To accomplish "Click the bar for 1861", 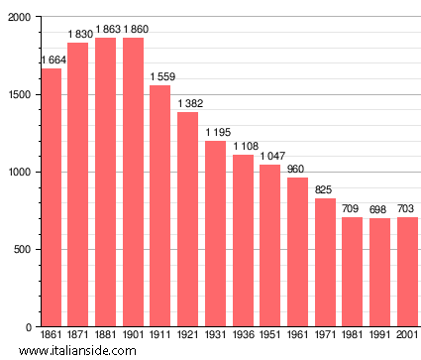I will point(51,197).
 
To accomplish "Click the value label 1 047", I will point(271,157).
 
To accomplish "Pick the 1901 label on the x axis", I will point(133,335).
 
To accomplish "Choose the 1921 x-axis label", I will point(188,335).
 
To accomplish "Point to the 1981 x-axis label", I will point(353,335).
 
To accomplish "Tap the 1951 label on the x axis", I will point(270,335).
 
